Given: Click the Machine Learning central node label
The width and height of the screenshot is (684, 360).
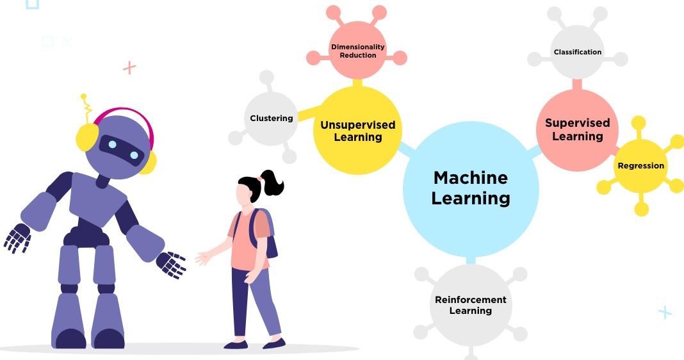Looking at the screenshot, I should click(x=471, y=188).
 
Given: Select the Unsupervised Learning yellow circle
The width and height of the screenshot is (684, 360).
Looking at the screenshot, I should click(x=357, y=131).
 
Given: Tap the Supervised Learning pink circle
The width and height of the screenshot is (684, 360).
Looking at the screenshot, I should click(x=577, y=129).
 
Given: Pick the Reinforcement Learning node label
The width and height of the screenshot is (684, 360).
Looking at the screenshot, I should click(x=471, y=305).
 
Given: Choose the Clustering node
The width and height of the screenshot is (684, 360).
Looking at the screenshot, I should click(x=272, y=118).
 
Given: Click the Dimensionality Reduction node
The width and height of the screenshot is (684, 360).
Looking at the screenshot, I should click(x=357, y=51).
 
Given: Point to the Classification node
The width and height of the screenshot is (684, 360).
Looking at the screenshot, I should click(x=577, y=52).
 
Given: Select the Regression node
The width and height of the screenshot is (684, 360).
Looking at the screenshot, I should click(x=640, y=166).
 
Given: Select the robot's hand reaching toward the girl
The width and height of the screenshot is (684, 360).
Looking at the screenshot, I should click(x=171, y=264).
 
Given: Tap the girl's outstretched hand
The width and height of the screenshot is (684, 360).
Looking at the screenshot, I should click(x=203, y=258).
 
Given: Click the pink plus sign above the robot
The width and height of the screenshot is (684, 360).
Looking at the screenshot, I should click(x=129, y=67).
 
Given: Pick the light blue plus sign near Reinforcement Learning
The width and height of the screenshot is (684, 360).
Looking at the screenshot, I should click(x=665, y=312).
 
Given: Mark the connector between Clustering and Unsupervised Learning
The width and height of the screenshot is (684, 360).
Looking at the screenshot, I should click(x=307, y=113).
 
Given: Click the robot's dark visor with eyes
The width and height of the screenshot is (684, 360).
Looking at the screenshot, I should click(x=122, y=150).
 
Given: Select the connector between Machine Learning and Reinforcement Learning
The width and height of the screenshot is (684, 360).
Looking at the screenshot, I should click(x=471, y=260).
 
